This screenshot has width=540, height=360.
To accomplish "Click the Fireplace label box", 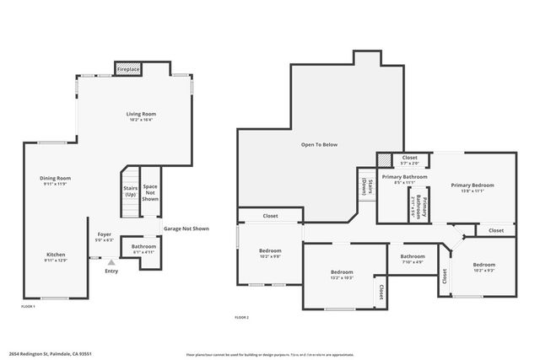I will click(x=128, y=68).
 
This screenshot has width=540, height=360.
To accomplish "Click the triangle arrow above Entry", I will click(x=111, y=262).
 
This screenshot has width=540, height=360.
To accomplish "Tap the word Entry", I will click(x=111, y=271).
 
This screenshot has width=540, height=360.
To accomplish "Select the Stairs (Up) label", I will click(x=131, y=191).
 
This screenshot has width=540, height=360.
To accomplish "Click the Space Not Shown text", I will click(x=150, y=192).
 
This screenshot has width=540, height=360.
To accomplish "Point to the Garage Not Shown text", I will click(x=186, y=228).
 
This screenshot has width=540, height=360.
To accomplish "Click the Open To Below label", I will click(x=319, y=145).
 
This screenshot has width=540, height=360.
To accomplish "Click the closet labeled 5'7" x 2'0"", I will click(x=409, y=160).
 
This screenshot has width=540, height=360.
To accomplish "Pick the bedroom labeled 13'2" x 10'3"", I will click(x=341, y=275).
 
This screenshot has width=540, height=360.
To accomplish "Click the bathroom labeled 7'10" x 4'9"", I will click(x=413, y=259).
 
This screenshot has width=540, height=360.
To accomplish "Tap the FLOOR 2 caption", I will click(x=242, y=317).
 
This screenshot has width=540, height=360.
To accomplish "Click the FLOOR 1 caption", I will click(x=28, y=306).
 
